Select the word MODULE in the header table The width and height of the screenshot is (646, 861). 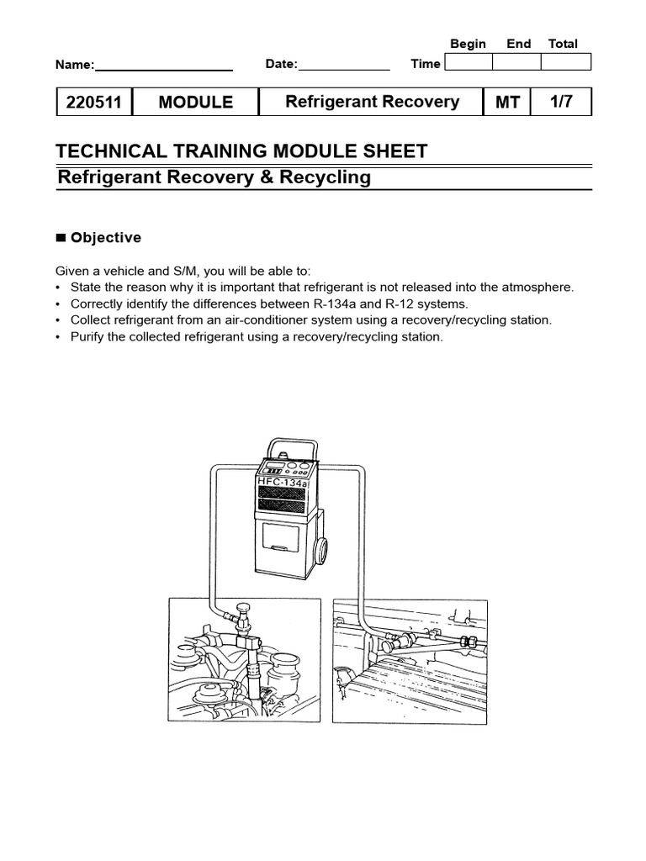[195, 103]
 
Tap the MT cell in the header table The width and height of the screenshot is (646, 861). [507, 103]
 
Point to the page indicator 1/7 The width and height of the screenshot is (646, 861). [561, 102]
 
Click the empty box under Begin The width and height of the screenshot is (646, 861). [468, 62]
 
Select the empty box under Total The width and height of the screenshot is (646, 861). [566, 62]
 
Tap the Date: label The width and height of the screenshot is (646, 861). [281, 64]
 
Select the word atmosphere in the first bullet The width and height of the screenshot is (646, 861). [535, 287]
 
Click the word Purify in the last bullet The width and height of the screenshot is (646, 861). [90, 337]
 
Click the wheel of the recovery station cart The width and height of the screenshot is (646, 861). [320, 553]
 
